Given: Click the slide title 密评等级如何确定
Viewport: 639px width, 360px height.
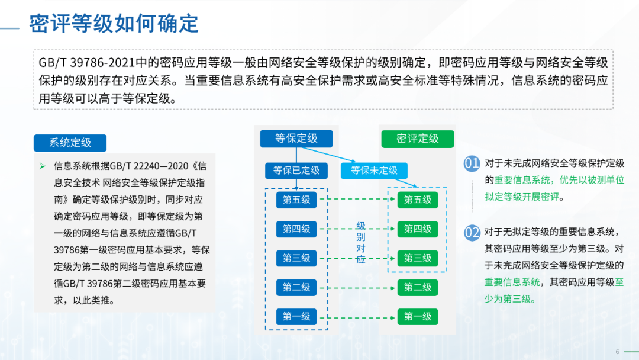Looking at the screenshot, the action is [114, 23].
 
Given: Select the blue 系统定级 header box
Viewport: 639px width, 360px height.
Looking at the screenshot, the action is [70, 143].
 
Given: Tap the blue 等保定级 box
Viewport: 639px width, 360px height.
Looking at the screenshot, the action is [296, 139].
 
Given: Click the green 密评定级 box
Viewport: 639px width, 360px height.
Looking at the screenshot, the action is [418, 139].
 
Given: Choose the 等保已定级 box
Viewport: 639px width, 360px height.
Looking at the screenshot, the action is [296, 171].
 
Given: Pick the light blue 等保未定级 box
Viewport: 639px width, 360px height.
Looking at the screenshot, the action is [374, 171].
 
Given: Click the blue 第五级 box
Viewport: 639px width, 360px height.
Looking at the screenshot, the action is [296, 200].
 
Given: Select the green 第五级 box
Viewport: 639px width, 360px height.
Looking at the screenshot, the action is [418, 200].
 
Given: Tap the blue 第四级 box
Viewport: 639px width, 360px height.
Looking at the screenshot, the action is [296, 229].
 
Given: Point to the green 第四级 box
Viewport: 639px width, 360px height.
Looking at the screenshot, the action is [418, 229].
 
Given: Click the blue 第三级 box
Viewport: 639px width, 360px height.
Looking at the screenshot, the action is [296, 258].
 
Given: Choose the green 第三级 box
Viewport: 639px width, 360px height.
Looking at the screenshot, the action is [418, 258].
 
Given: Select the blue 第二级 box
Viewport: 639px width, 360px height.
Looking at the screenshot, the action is [296, 287].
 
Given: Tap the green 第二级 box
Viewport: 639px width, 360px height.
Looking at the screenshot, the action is [418, 287].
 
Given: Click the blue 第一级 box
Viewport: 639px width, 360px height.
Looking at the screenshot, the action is [296, 317].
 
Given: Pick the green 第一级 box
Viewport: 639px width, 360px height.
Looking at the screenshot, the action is [418, 317].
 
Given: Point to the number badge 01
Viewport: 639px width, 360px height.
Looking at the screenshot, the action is [472, 164].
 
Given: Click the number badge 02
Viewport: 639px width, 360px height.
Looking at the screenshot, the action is [472, 233].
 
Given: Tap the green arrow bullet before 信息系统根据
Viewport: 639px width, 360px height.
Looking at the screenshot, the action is [43, 166].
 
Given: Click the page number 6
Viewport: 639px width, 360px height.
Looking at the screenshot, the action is [617, 352].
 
